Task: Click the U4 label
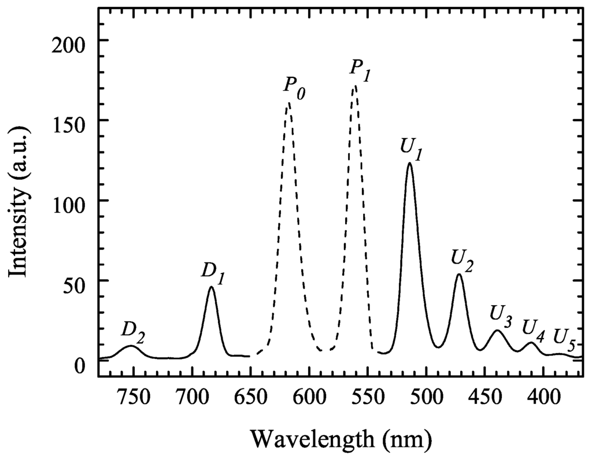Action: pyautogui.click(x=533, y=329)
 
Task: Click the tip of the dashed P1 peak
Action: pyautogui.click(x=354, y=86)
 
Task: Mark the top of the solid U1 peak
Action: pyautogui.click(x=409, y=163)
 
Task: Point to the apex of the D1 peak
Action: pyautogui.click(x=211, y=287)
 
